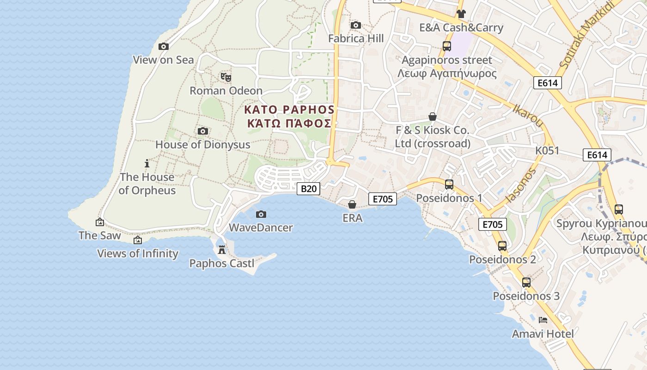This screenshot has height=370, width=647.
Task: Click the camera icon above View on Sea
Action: tap(163, 46)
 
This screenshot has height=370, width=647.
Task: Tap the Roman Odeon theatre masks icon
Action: tap(226, 77)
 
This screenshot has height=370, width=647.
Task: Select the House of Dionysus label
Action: tap(202, 144)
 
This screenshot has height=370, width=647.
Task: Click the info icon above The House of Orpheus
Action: tap(147, 163)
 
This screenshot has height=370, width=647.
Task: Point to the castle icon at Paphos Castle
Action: tap(222, 250)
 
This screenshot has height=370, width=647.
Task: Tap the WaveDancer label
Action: tap(261, 228)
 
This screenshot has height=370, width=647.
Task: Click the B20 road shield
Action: tap(308, 188)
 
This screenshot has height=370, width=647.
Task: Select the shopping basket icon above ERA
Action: tap(352, 204)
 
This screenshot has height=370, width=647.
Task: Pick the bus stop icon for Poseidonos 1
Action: tap(449, 185)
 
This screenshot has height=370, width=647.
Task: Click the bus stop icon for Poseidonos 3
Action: tap(526, 282)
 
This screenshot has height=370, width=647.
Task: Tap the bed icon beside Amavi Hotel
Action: tap(543, 320)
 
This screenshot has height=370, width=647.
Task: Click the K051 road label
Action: tap(547, 151)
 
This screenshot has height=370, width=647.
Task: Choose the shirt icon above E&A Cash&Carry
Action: tap(461, 14)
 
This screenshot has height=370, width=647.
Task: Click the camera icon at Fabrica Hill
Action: tap(355, 25)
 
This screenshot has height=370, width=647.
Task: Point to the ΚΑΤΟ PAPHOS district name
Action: tap(289, 110)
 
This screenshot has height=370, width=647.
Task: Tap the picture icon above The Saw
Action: tap(99, 222)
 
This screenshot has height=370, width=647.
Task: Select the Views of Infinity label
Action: tap(137, 253)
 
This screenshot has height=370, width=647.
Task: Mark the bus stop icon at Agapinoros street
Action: tap(446, 46)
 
